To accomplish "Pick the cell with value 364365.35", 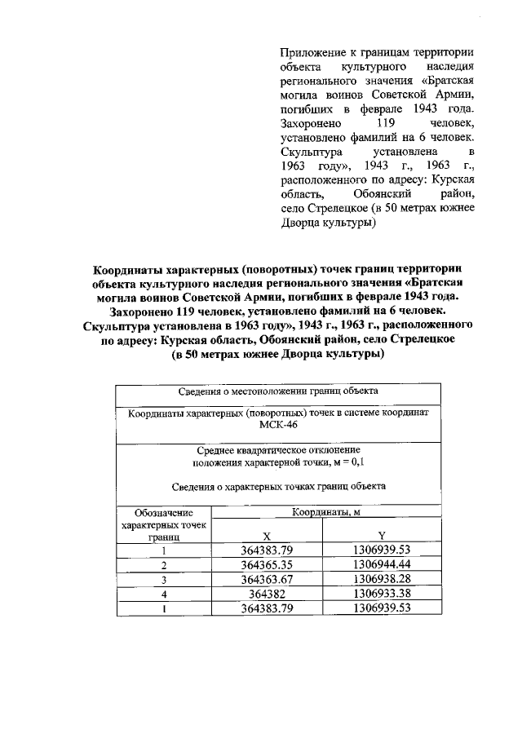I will pos(267,564).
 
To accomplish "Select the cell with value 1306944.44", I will pos(381,564).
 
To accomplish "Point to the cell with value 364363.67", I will pos(267,579).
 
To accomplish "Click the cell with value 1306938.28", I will pos(381,579).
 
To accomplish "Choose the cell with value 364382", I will pos(267,594).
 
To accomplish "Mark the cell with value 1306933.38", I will pos(381,594).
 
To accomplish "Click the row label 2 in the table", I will pos(163,565).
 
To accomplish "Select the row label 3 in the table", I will pos(163,580).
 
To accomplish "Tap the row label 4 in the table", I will pos(163,594).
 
